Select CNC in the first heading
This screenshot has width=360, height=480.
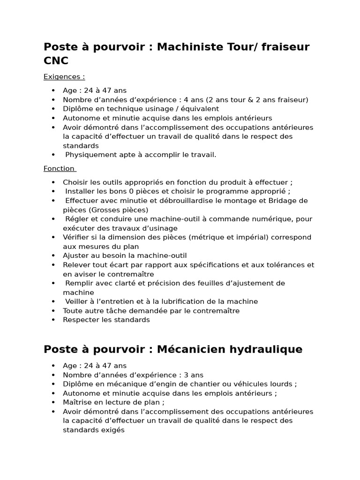(56, 61)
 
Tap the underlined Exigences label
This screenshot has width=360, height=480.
(64, 77)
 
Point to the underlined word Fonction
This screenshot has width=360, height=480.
(59, 169)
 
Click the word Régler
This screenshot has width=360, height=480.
(76, 219)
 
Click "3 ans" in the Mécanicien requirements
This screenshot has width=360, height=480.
(191, 375)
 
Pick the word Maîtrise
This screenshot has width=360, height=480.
(78, 402)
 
